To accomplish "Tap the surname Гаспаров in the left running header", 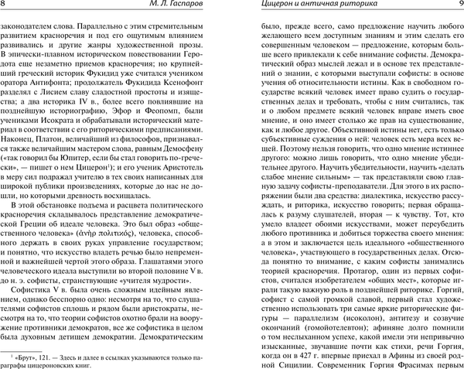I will [134, 7].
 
